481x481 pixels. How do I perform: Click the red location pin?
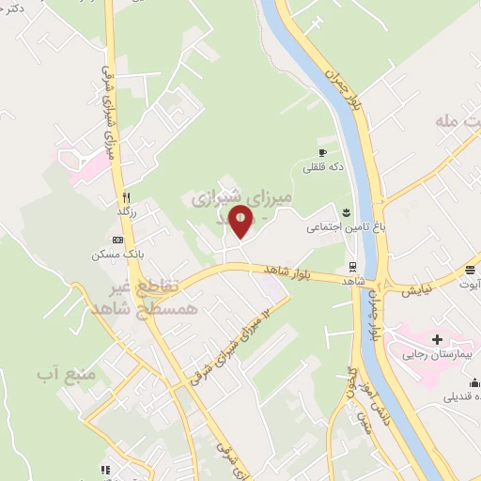[x=241, y=220]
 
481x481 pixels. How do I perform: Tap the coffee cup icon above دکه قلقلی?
[x=322, y=152]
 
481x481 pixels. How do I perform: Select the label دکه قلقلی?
[x=323, y=167]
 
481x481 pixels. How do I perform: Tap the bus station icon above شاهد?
[x=352, y=266]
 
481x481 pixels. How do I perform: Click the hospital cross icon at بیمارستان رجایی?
[x=436, y=338]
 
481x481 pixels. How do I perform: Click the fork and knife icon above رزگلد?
[x=125, y=197]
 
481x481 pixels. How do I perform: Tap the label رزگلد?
[x=126, y=213]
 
